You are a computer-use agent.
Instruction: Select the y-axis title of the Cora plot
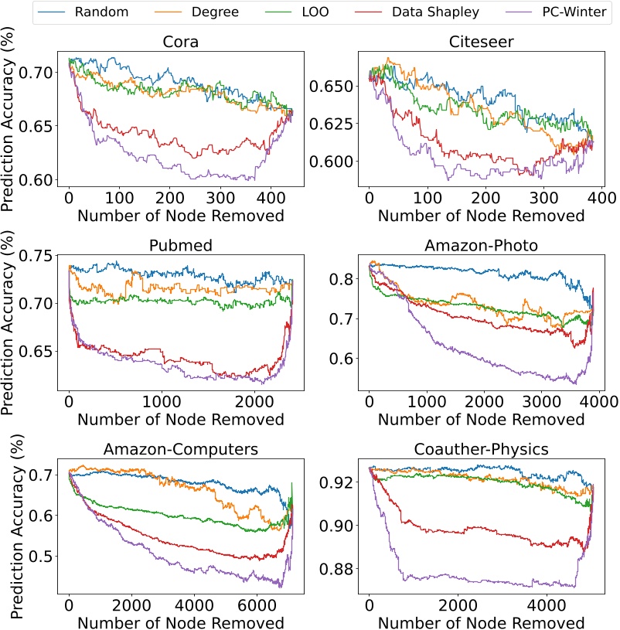(11, 125)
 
